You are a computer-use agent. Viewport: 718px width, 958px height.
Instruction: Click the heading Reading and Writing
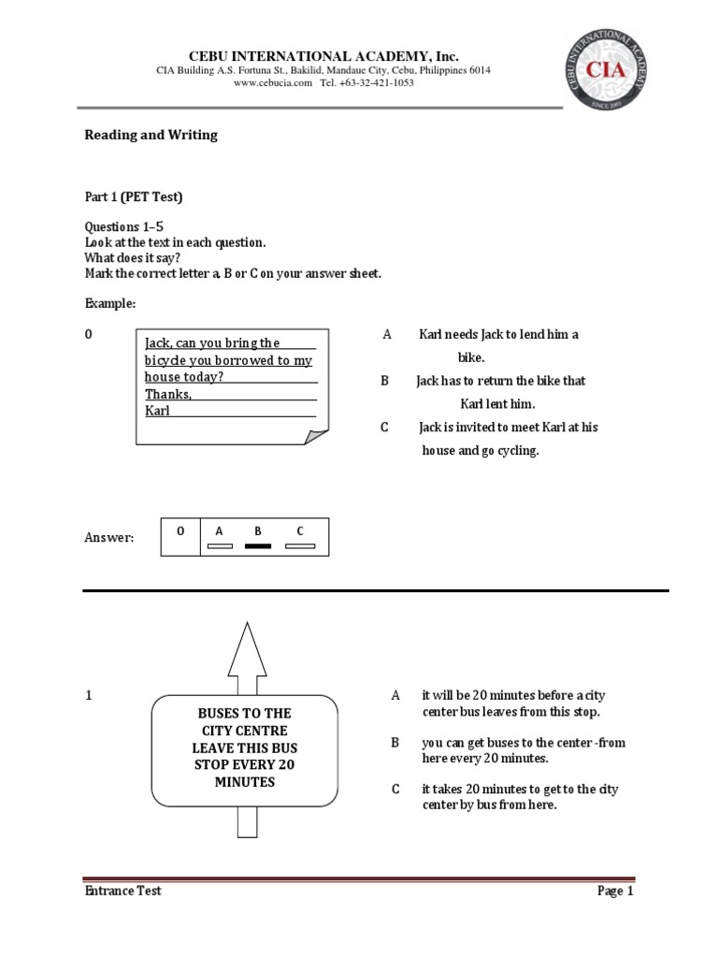click(151, 135)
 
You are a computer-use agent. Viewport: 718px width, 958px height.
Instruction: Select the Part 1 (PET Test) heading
click(134, 196)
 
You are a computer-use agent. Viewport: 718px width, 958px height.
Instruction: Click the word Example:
click(110, 304)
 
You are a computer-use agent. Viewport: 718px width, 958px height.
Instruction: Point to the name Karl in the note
click(157, 411)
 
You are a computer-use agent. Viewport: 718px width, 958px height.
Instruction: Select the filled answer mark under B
click(258, 545)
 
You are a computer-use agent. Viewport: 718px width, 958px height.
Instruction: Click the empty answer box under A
click(220, 545)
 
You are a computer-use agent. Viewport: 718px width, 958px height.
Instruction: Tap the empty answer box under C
click(300, 545)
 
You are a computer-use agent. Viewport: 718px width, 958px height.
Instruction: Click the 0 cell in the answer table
click(180, 531)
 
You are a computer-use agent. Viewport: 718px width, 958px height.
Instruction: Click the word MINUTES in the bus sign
click(245, 782)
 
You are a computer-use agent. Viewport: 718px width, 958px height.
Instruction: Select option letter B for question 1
click(395, 743)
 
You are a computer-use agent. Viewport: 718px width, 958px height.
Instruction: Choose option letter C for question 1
click(395, 790)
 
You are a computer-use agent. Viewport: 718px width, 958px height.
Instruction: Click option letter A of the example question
click(386, 335)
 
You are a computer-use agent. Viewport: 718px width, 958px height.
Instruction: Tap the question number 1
click(89, 696)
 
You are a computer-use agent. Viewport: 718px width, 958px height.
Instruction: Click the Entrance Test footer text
click(122, 892)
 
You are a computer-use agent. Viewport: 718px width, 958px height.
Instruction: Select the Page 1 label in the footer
click(615, 892)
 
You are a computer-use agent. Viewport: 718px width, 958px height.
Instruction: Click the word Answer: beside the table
click(109, 538)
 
